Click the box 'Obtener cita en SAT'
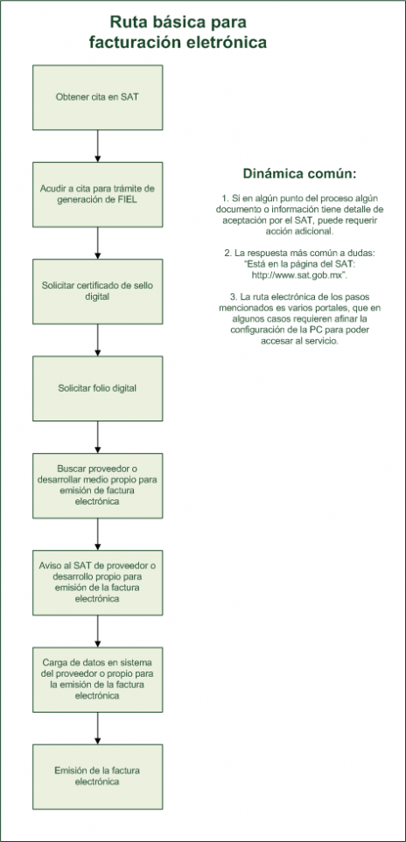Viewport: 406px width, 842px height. [x=98, y=97]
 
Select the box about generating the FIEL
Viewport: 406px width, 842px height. [x=98, y=194]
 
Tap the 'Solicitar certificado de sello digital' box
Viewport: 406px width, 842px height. [x=98, y=291]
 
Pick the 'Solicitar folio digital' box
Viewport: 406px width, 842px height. [x=98, y=388]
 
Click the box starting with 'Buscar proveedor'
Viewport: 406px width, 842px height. [x=98, y=485]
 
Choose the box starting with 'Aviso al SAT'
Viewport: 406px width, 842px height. [x=98, y=582]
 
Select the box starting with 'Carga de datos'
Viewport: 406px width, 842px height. [x=98, y=680]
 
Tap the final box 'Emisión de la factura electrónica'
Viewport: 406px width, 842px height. [x=98, y=776]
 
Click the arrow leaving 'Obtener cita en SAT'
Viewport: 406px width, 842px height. [x=98, y=146]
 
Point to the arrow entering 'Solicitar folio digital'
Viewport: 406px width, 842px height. [x=98, y=340]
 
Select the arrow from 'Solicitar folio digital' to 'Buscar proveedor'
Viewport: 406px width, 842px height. [x=98, y=437]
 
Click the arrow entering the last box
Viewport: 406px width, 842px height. [x=98, y=728]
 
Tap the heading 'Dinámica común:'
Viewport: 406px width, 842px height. [x=299, y=174]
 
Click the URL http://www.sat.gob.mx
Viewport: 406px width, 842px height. [x=297, y=275]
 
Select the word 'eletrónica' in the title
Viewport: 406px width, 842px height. [x=232, y=42]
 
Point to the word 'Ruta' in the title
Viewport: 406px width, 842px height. [x=126, y=22]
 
